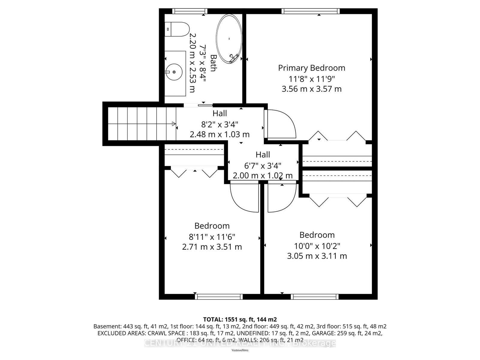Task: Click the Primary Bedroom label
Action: coord(311,68)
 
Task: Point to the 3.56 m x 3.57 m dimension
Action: coord(311,89)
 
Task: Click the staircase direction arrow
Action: coord(174,124)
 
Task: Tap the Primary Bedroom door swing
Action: coord(280,124)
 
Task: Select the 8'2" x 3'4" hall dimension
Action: coord(220,124)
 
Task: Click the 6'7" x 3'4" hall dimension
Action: coord(263,165)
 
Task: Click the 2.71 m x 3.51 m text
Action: coord(212,247)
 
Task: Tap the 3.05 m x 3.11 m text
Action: coord(317,256)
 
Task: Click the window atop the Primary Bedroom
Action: coord(310,11)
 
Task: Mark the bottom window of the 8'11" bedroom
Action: coord(219,297)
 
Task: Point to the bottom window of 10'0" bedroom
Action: coord(315,297)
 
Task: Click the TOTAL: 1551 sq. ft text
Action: coord(240,319)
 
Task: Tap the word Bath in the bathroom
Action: coord(213,63)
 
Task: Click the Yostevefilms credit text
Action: coord(240,350)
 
